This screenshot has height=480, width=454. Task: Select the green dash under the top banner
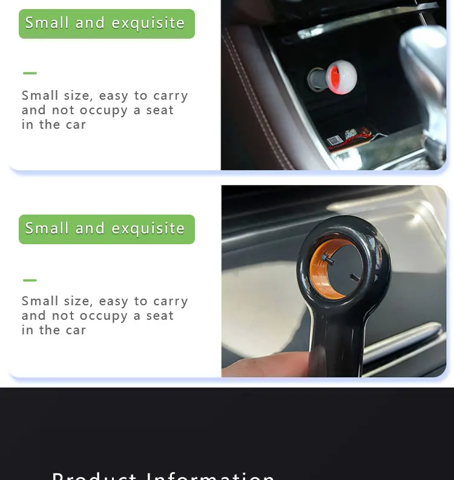30,73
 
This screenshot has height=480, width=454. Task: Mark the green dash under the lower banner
30,281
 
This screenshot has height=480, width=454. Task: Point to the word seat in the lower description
160,316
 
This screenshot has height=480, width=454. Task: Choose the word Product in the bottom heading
94,476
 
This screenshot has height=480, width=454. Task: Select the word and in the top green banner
90,24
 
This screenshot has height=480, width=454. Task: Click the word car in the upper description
76,125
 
